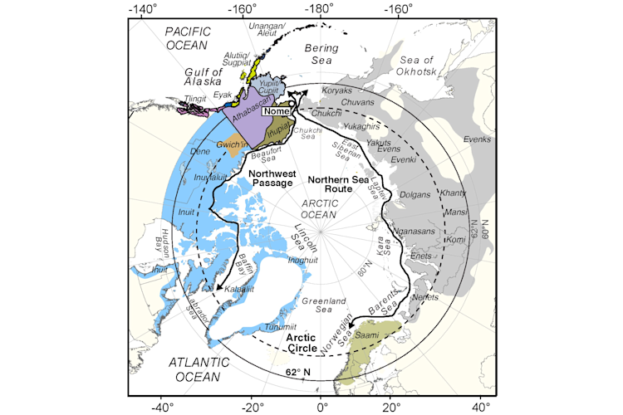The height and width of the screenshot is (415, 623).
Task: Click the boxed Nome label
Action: (278, 110)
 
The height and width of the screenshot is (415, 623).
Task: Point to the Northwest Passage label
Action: (271, 178)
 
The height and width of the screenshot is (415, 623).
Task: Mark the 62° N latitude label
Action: (299, 370)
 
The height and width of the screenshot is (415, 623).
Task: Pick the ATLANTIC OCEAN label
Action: (195, 370)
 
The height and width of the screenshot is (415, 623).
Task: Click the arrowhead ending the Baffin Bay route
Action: (218, 288)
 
